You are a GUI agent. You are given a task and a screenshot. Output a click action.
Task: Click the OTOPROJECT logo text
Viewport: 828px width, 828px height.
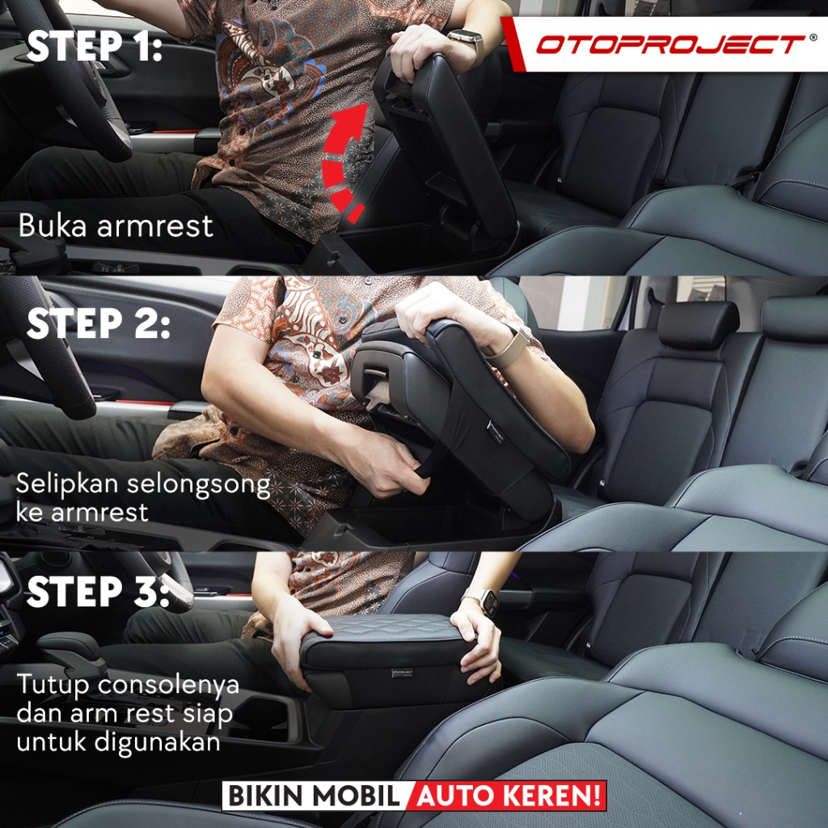pos(670,44)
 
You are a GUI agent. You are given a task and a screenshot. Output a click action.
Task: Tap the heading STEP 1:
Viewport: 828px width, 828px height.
pos(95,46)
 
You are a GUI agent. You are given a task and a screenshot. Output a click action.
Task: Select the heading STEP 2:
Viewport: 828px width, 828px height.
pos(98,323)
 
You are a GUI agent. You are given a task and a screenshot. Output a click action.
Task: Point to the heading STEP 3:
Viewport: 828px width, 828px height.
pos(98,591)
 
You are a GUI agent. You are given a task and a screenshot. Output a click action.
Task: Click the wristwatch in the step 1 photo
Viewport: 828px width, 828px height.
pos(468,42)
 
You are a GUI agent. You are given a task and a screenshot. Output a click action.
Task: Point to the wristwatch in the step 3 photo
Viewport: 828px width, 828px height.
pos(484,601)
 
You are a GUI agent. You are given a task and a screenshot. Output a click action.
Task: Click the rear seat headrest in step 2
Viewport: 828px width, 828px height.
pos(698,324)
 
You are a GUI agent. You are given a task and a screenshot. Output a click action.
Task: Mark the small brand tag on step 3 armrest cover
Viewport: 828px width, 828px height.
pos(403,673)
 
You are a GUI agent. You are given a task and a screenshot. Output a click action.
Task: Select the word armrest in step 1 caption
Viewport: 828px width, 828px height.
pos(155,226)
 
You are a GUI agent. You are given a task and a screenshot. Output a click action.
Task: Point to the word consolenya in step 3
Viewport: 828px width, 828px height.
pos(168,685)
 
